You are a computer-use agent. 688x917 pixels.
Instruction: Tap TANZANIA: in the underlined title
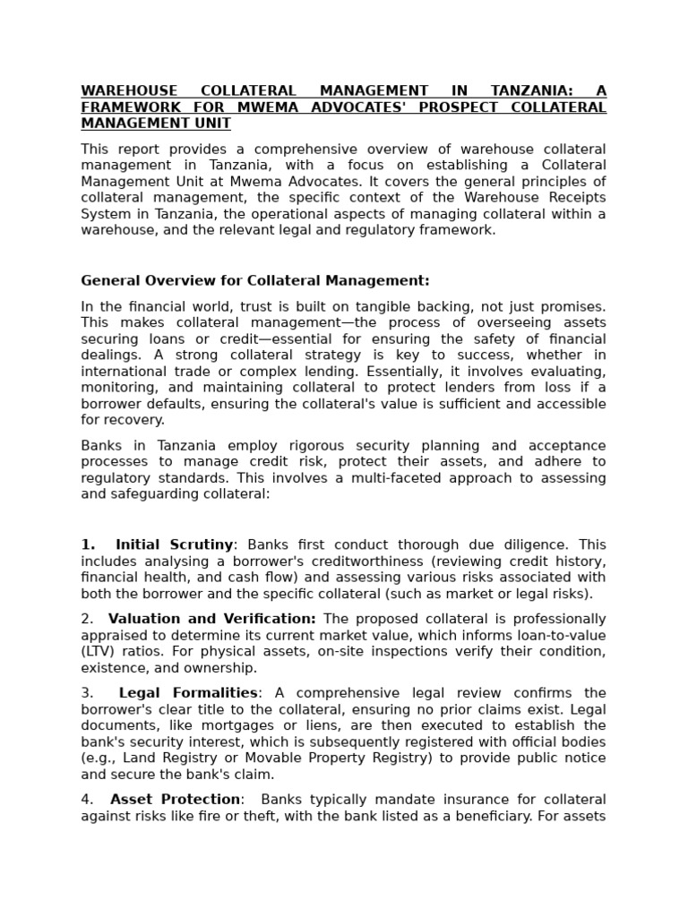point(529,91)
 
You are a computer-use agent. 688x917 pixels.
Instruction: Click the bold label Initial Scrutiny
point(175,544)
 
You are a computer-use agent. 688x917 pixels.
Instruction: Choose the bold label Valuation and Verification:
point(212,619)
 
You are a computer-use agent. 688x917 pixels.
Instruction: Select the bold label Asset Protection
point(176,800)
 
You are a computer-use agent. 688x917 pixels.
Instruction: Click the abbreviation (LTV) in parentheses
point(98,651)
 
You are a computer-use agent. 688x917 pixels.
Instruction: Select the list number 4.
point(86,800)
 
